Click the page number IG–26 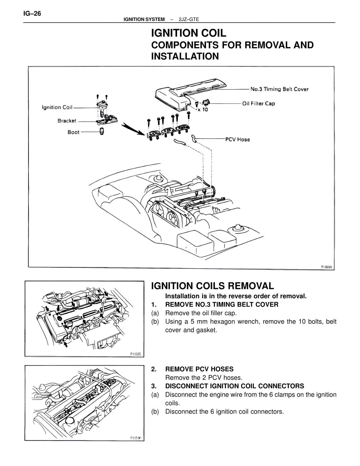click(32, 14)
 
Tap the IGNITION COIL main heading click(188, 33)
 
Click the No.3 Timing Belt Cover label click(279, 89)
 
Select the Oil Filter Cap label click(258, 104)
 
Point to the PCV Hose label click(237, 139)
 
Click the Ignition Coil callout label click(57, 107)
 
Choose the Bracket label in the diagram click(67, 121)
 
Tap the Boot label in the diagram click(73, 132)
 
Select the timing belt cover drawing click(191, 93)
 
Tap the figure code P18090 click(327, 267)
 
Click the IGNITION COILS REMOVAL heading click(212, 286)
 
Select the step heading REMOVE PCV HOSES click(199, 369)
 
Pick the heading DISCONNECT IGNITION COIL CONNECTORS click(235, 386)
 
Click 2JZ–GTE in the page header click(189, 19)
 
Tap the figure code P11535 click(136, 354)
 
